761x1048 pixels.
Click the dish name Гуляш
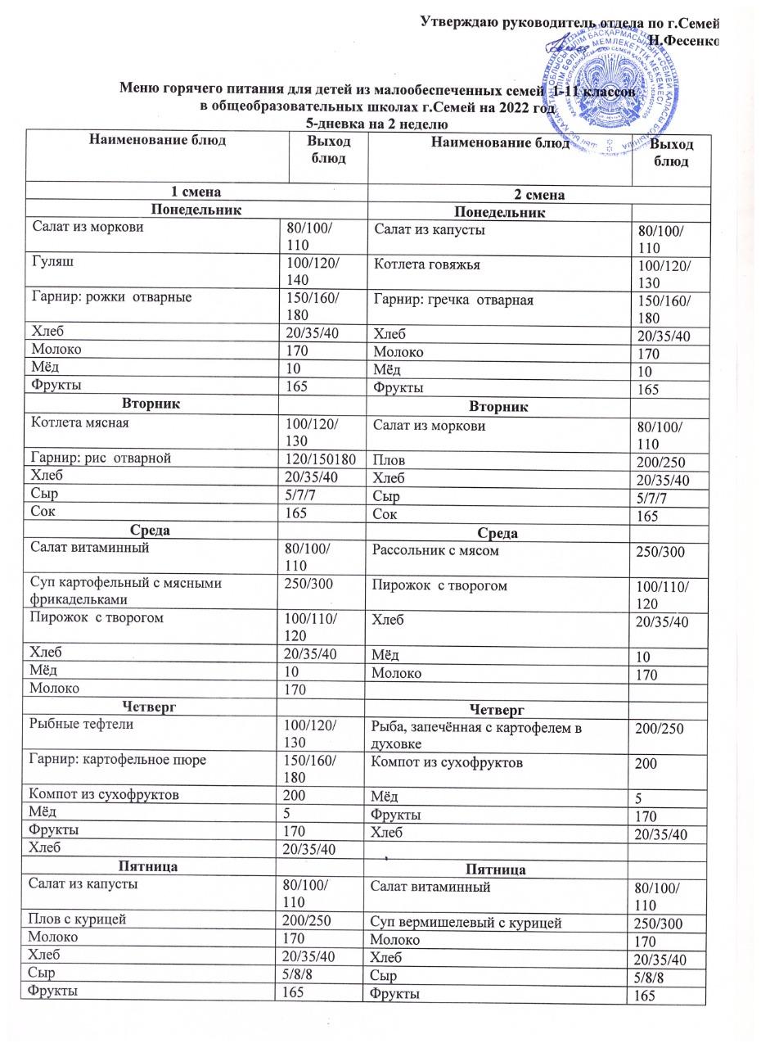tap(50, 262)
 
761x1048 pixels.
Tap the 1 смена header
tap(194, 192)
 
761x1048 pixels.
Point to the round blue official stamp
tap(621, 90)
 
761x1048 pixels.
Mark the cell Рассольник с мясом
tap(435, 551)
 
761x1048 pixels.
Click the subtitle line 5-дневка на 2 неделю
tap(376, 124)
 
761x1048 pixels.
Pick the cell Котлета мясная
tap(79, 423)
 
